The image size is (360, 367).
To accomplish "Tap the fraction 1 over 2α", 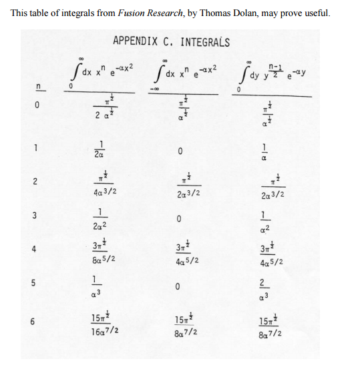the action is point(100,151).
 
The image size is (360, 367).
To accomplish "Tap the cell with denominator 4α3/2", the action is point(100,187).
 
